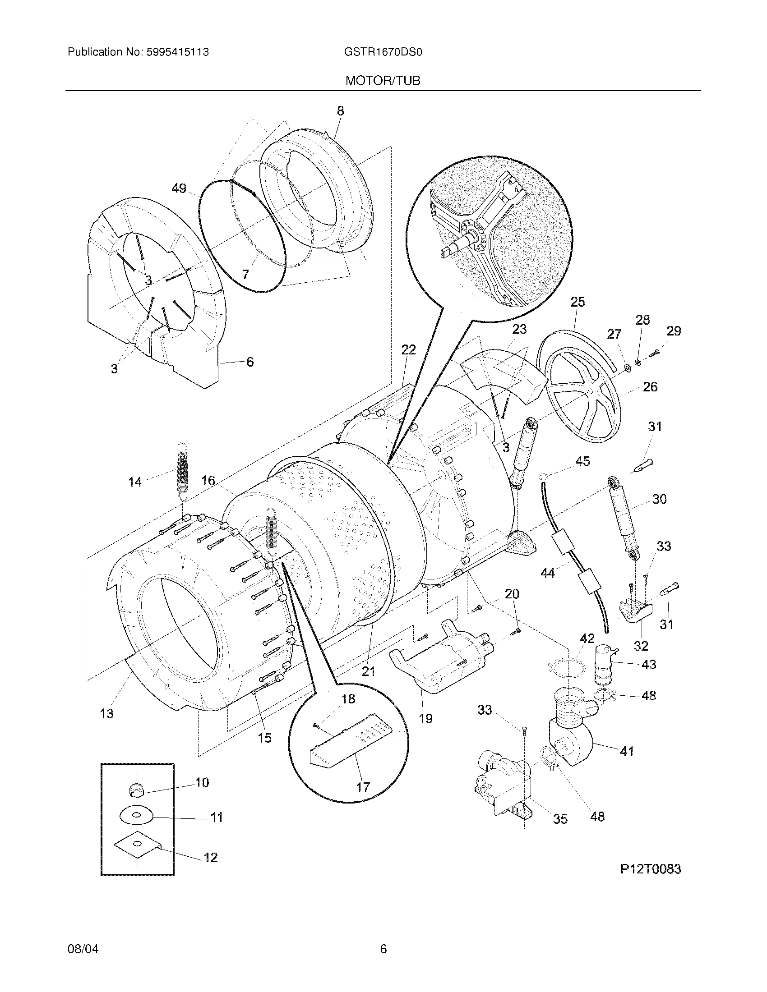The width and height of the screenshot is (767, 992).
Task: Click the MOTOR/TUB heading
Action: pyautogui.click(x=383, y=81)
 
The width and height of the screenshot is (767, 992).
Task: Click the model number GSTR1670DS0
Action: pyautogui.click(x=383, y=52)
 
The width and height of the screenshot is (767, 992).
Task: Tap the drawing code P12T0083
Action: pyautogui.click(x=651, y=869)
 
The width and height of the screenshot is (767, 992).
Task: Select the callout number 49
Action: pyautogui.click(x=179, y=188)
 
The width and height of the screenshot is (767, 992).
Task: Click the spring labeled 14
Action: pyautogui.click(x=182, y=472)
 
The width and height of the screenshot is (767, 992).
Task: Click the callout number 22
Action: pyautogui.click(x=408, y=350)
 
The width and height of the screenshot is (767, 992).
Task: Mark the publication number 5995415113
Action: pyautogui.click(x=178, y=52)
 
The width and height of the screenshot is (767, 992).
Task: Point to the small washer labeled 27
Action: pyautogui.click(x=628, y=367)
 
